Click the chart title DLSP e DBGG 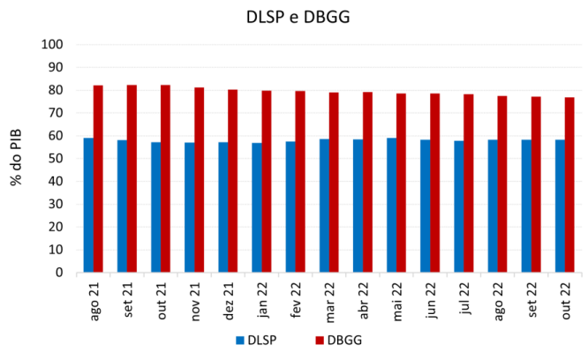(294, 17)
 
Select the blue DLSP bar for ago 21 (88, 205)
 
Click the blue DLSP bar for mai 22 (391, 205)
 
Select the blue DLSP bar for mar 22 (324, 206)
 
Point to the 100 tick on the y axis (52, 44)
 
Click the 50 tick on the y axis (55, 159)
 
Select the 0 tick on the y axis (58, 273)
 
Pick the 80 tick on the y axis (55, 90)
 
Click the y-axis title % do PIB (17, 159)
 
